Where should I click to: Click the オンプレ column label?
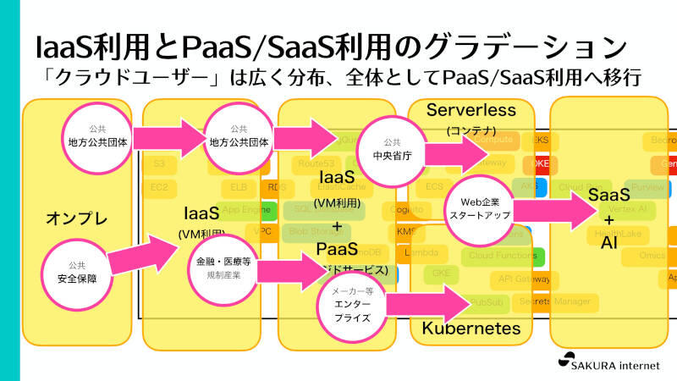pyautogui.click(x=76, y=219)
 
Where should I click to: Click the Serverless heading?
pyautogui.click(x=471, y=110)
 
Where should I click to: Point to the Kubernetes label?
pyautogui.click(x=471, y=328)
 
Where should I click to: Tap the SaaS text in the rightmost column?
pyautogui.click(x=608, y=196)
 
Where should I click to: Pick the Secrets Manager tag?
pyautogui.click(x=555, y=301)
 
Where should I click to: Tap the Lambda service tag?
pyautogui.click(x=421, y=252)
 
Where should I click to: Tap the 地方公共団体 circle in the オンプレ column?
pyautogui.click(x=97, y=135)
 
